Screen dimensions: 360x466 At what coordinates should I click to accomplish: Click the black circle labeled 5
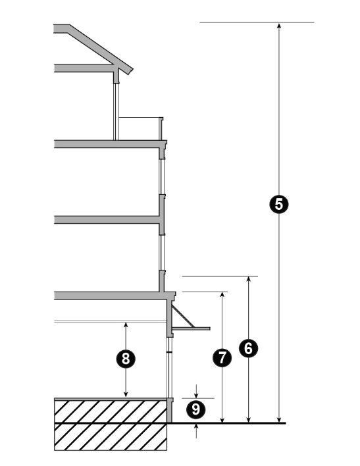[x=279, y=204]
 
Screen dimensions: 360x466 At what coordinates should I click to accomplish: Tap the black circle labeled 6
[x=249, y=348]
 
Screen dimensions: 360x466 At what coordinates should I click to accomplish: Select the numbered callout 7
[x=222, y=357]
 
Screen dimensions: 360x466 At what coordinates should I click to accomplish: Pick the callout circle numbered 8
[x=126, y=359]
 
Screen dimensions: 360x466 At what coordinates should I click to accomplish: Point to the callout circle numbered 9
[x=195, y=409]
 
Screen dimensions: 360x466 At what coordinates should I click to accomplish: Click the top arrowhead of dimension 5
[x=279, y=25]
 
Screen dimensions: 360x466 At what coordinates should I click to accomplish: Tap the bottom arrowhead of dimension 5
[x=279, y=419]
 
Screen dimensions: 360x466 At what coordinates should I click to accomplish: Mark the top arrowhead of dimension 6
[x=249, y=279]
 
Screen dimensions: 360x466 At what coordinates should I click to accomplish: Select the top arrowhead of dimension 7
[x=222, y=295]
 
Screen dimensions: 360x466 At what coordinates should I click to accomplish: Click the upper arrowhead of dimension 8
[x=126, y=325]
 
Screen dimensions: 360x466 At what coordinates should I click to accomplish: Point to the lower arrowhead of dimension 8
[x=126, y=394]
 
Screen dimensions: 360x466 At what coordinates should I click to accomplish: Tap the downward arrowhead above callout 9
[x=196, y=396]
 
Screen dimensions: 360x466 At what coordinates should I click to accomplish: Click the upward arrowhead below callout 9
[x=196, y=426]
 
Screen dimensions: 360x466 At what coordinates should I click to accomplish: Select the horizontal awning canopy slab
[x=191, y=328]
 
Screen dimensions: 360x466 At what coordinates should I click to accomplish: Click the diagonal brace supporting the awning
[x=184, y=317]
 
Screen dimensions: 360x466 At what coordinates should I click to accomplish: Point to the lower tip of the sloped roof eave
[x=128, y=74]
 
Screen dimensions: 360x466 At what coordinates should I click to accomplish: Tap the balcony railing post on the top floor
[x=161, y=128]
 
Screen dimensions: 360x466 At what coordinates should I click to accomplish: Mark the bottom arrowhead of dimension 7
[x=222, y=419]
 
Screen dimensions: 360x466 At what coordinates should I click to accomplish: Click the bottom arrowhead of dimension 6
[x=249, y=419]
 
